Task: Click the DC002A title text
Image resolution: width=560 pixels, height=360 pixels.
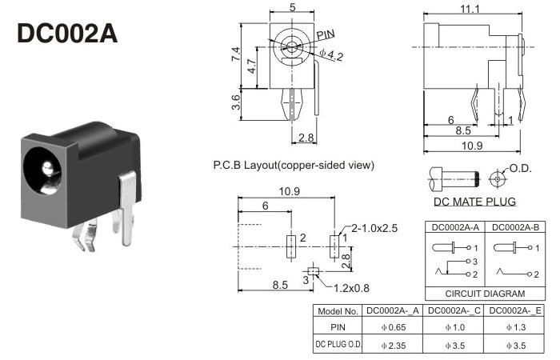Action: (67, 34)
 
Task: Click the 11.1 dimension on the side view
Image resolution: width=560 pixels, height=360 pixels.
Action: (470, 9)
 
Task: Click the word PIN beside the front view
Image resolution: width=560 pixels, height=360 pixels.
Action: (326, 34)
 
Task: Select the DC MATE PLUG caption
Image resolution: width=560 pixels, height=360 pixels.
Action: (474, 202)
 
